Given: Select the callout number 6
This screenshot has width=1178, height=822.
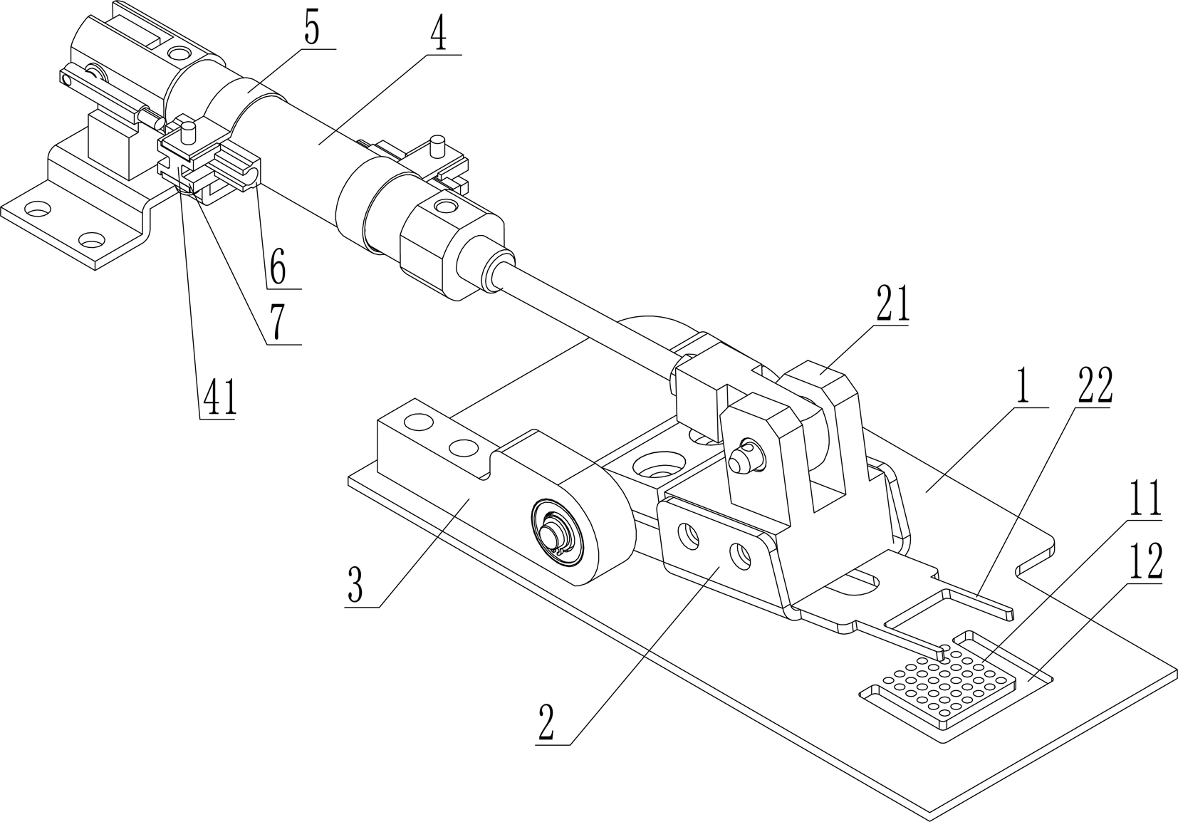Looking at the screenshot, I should pos(277,269).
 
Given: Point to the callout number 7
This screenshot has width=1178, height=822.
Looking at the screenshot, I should pos(277,324).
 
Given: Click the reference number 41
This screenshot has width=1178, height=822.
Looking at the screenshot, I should pos(219,400).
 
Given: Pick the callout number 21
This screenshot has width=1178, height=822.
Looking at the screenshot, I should pos(892,304).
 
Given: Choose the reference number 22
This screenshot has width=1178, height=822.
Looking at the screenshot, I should pos(1095,385).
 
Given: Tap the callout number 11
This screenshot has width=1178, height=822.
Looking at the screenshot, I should pos(1144,499).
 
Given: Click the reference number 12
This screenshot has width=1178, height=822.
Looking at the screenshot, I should pos(1144,563).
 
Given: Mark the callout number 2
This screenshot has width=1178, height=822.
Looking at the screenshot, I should pos(547,725).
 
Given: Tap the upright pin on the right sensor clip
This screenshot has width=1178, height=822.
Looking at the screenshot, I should pos(438,148).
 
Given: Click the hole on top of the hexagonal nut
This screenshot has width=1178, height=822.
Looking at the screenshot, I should pos(446,207).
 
